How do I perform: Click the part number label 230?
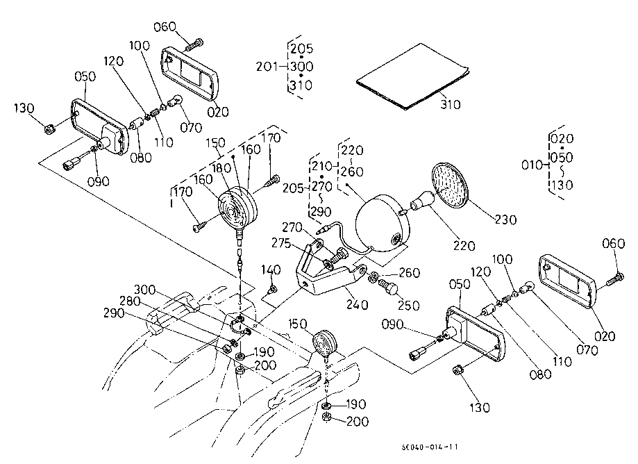506,220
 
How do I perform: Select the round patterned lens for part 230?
451,184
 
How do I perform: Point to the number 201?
267,67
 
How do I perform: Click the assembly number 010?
532,165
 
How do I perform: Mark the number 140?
272,270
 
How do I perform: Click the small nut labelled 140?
274,288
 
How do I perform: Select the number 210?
321,167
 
